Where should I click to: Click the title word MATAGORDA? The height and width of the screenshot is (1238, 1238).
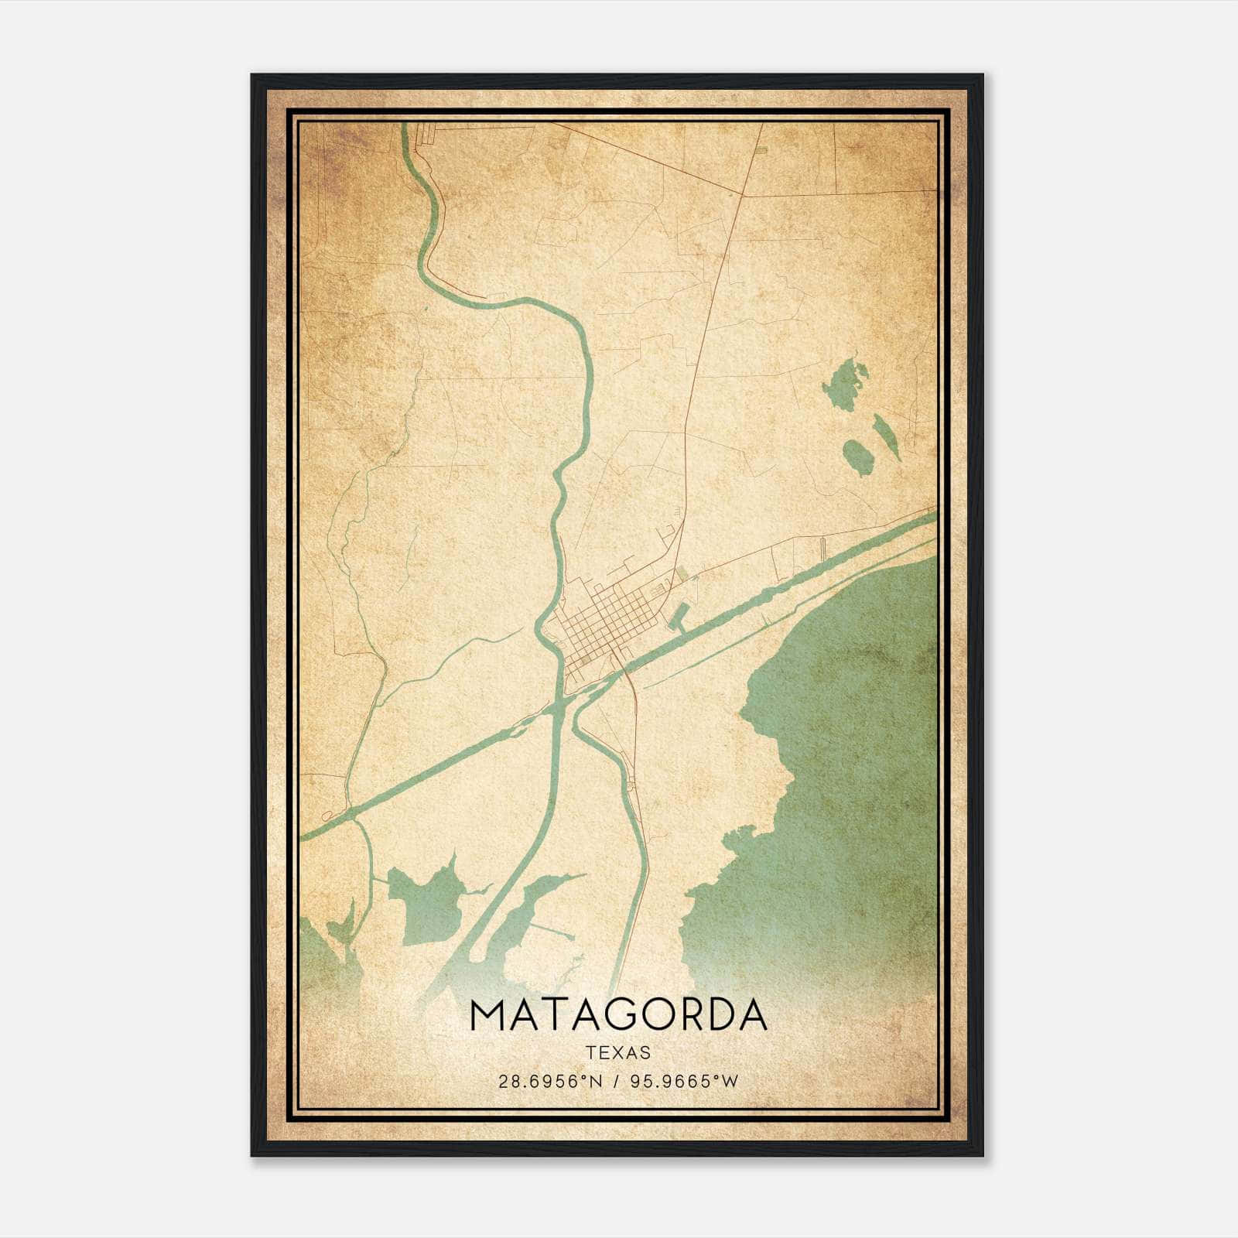click(x=617, y=1015)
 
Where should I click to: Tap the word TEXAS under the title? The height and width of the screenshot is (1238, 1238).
click(x=618, y=1053)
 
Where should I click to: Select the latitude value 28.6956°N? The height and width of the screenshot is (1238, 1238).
click(x=549, y=1082)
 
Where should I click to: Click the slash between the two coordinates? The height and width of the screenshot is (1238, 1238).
click(x=615, y=1082)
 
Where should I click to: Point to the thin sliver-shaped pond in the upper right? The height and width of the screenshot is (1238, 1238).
click(x=887, y=436)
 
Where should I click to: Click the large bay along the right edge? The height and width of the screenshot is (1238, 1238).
click(x=851, y=774)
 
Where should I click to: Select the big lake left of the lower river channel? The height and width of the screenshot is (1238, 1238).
click(x=426, y=901)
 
